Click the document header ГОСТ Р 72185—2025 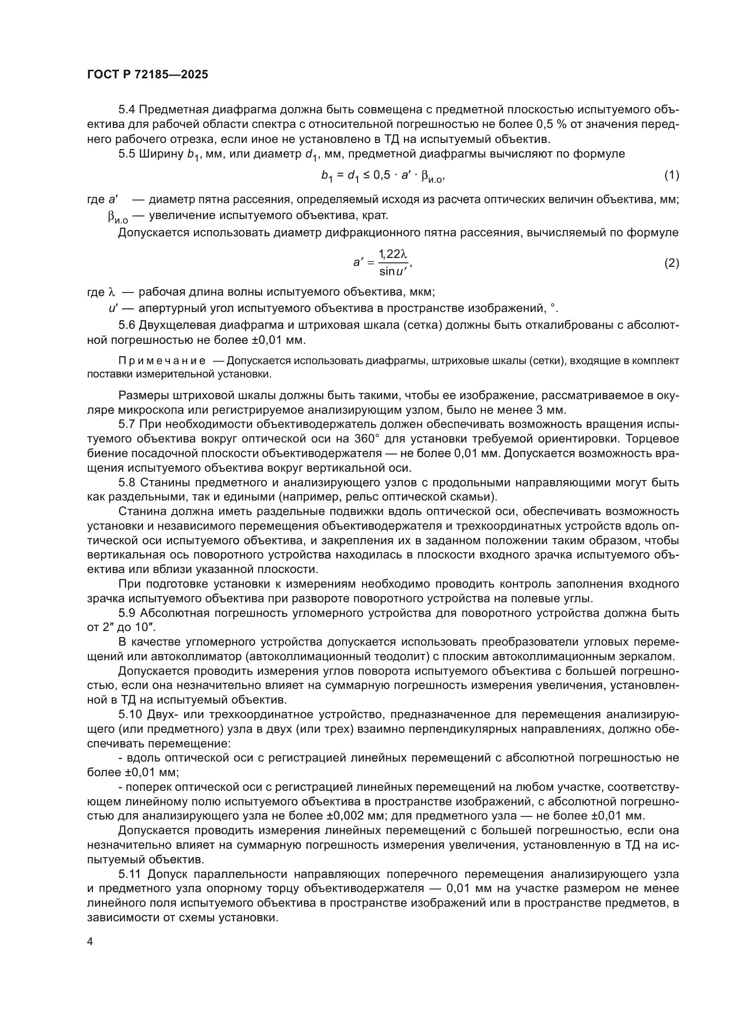(x=147, y=75)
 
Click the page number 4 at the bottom (x=90, y=942)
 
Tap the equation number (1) (x=672, y=175)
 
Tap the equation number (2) (x=672, y=263)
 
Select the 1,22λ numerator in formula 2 (x=393, y=255)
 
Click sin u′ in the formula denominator (x=393, y=271)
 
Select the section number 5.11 (x=130, y=874)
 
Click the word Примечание (x=162, y=361)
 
